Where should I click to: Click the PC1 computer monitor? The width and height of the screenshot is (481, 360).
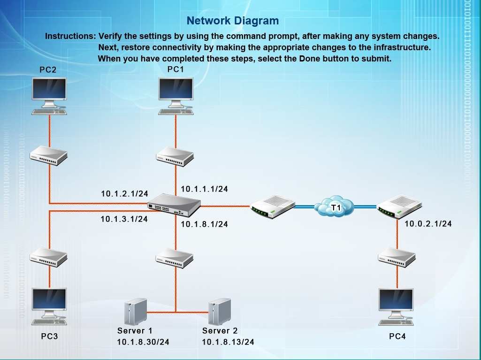[176, 92]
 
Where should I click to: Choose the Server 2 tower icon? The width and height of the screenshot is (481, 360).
[219, 312]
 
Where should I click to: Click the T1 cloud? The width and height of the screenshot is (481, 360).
[334, 207]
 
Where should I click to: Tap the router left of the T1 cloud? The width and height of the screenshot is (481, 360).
[272, 207]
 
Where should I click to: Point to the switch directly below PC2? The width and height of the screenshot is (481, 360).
[49, 154]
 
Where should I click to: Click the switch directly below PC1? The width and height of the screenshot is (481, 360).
[175, 156]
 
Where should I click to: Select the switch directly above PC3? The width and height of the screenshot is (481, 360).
[49, 256]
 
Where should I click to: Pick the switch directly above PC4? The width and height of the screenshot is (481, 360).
[397, 256]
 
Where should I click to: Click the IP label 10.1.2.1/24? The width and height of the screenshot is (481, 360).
[124, 193]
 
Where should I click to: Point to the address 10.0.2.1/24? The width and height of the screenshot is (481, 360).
[428, 224]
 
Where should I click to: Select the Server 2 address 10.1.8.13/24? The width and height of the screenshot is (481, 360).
[228, 342]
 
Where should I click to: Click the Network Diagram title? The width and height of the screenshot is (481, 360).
[232, 21]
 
